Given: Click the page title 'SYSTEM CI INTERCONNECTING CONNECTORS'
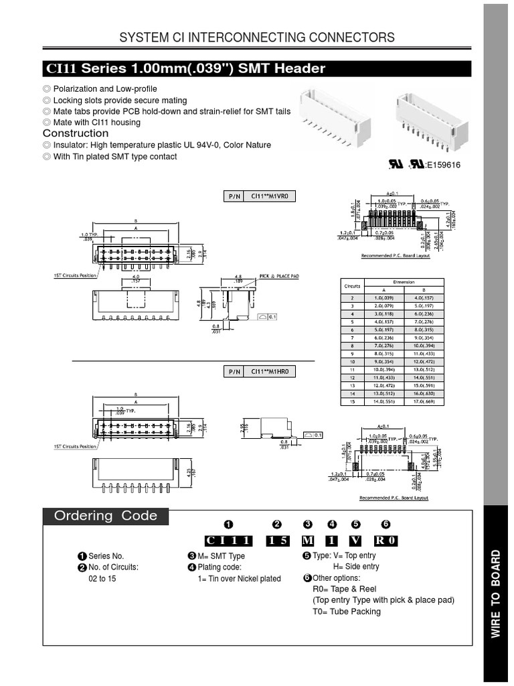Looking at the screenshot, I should point(256,38).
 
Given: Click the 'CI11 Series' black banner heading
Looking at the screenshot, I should point(185,69).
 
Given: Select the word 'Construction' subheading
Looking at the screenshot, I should point(75,133).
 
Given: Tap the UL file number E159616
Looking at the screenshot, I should point(443,165).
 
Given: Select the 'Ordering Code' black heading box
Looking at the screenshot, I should point(106,516).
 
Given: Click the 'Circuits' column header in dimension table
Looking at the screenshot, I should point(352,285).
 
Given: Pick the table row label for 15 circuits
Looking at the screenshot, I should point(352,401).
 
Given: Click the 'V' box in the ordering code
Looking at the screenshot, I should point(355,541).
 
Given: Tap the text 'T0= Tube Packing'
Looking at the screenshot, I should point(346,611).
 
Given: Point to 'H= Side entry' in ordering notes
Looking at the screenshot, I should point(361,567).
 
